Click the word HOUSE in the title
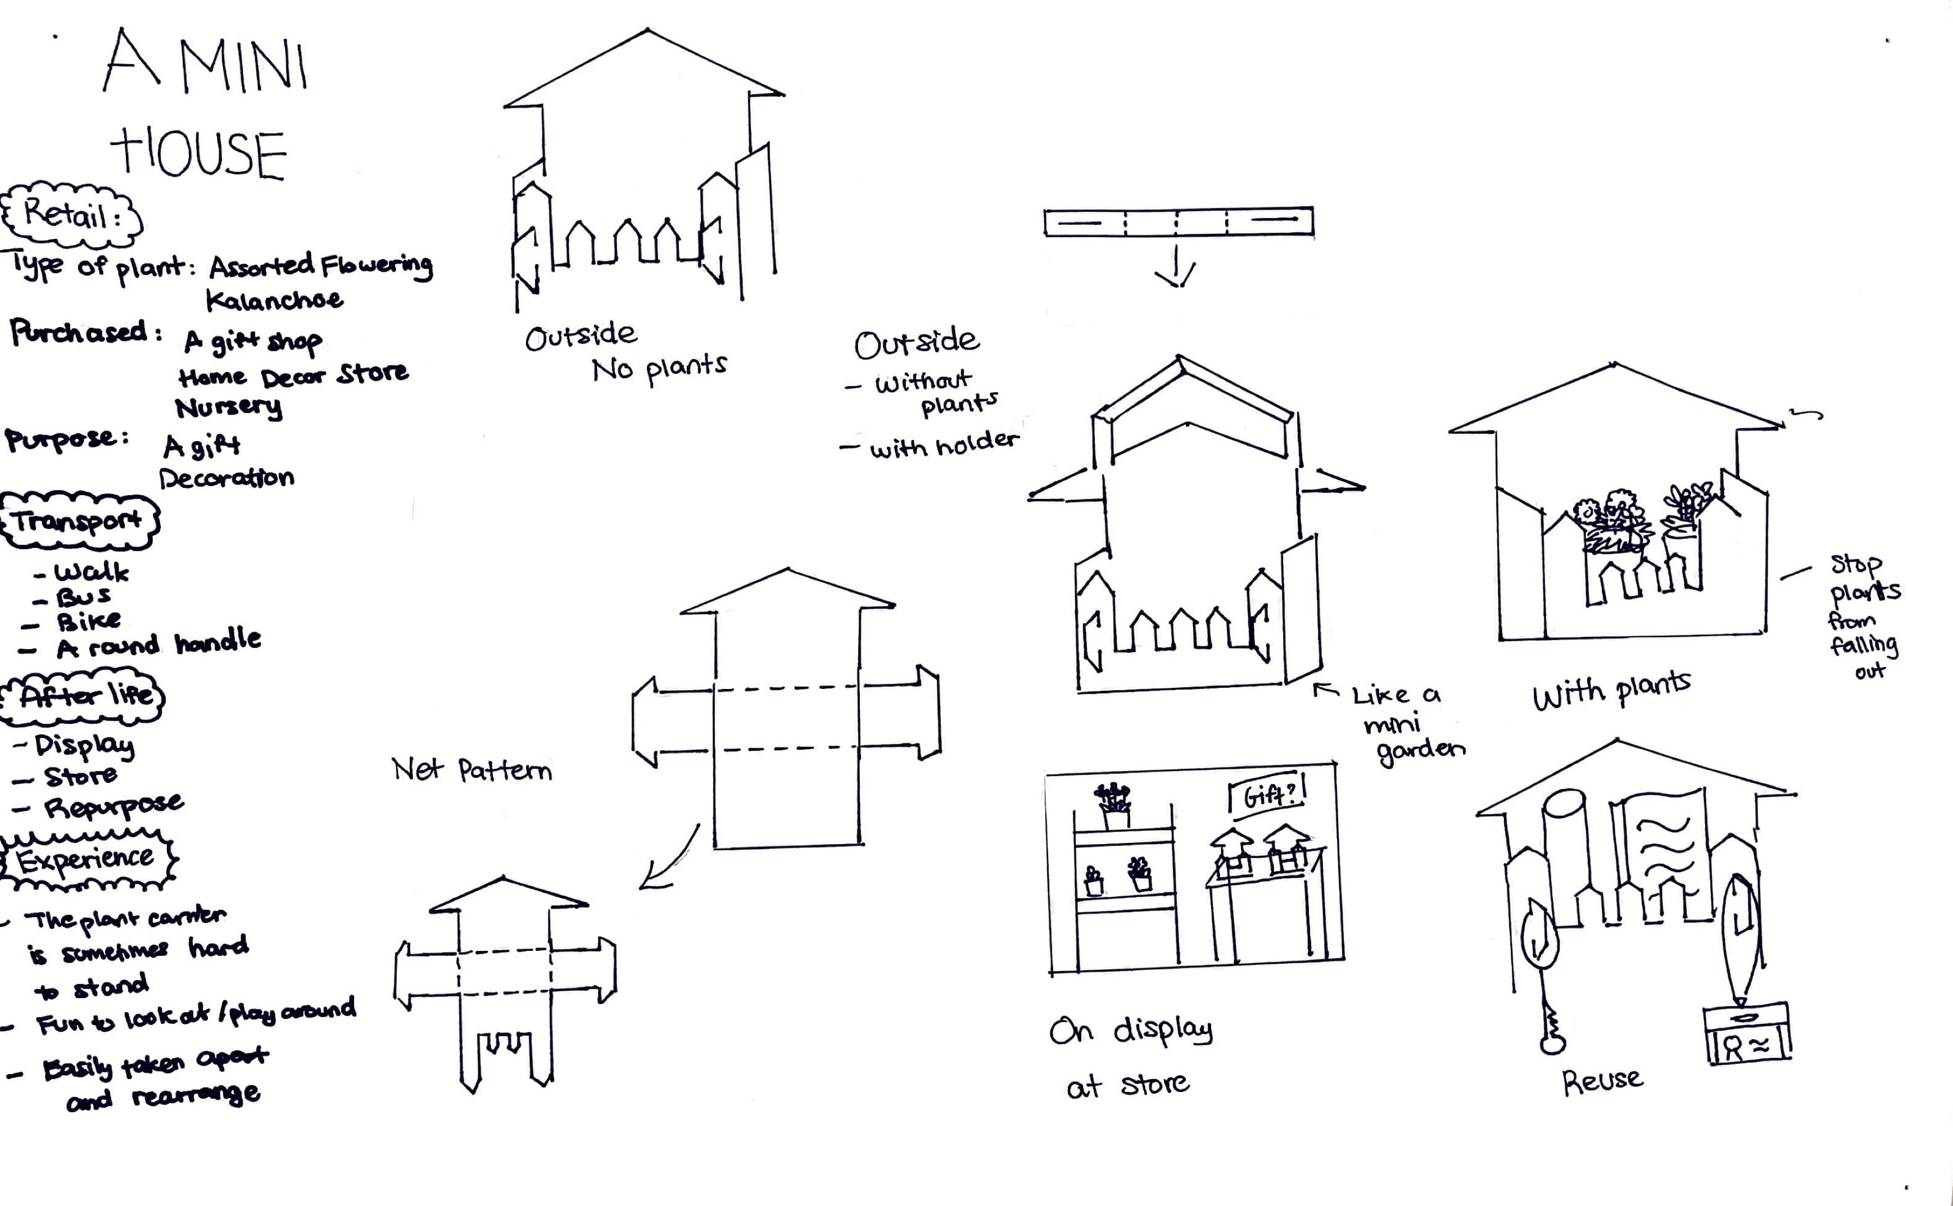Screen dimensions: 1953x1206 pyautogui.click(x=200, y=156)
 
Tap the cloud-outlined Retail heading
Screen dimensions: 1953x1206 pyautogui.click(x=72, y=215)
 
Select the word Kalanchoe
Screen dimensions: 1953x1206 pyautogui.click(x=274, y=301)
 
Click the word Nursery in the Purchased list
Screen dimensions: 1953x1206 pyautogui.click(x=228, y=407)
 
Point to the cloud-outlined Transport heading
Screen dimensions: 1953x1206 pyautogui.click(x=78, y=523)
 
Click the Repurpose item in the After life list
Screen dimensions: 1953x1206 pyautogui.click(x=112, y=806)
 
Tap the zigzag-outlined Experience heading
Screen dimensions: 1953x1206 pyautogui.click(x=86, y=860)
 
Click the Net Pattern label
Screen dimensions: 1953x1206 pyautogui.click(x=472, y=770)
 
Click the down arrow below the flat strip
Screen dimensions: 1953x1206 pyautogui.click(x=1176, y=269)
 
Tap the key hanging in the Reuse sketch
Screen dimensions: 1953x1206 pyautogui.click(x=1552, y=1029)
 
